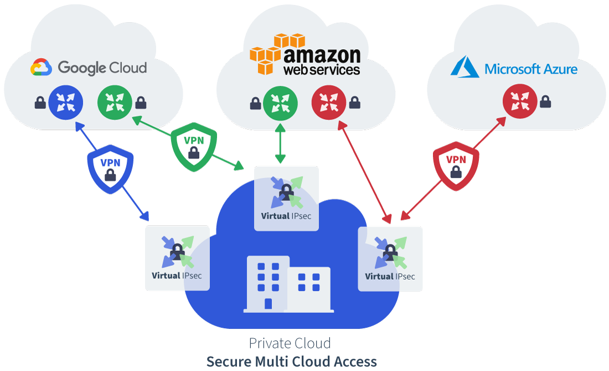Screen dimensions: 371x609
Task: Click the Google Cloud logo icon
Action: pos(41,68)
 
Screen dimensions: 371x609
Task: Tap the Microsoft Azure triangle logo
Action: pos(464,68)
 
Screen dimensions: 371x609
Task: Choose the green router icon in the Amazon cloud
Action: pos(280,103)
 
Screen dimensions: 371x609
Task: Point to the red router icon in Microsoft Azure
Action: pos(520,102)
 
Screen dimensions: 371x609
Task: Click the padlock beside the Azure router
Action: pos(545,101)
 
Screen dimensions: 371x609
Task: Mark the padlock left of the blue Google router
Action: pos(40,102)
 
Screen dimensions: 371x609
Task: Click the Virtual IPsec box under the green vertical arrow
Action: pos(286,198)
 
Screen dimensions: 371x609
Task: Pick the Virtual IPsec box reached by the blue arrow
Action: pos(177,258)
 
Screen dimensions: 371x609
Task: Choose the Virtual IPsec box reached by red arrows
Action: pos(390,259)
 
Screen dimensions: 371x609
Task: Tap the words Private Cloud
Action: pos(290,343)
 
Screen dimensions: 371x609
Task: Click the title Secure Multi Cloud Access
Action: pos(291,362)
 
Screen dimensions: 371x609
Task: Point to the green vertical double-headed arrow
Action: pos(280,143)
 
